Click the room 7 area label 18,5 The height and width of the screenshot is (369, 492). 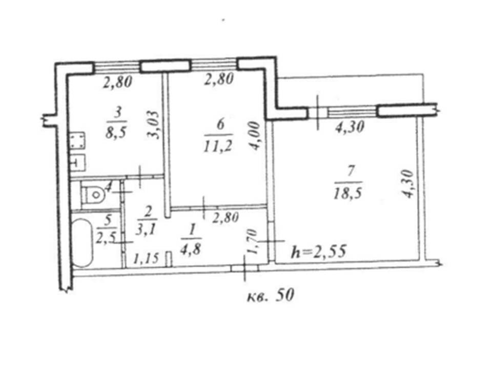[348, 193]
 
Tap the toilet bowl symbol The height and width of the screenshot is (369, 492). [94, 194]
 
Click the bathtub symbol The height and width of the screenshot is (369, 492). [81, 242]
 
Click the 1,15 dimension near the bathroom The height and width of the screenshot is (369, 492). [146, 258]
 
